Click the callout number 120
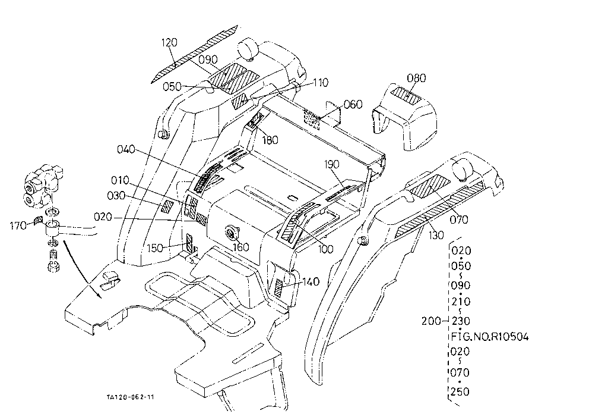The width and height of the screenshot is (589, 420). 169,42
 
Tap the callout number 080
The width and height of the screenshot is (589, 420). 416,78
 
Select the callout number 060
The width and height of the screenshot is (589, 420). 353,104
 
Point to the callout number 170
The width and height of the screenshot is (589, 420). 18,226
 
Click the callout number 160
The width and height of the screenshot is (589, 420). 241,247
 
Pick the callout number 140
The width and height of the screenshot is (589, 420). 311,281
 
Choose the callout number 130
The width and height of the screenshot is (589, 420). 436,235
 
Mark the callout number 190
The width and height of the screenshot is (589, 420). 331,164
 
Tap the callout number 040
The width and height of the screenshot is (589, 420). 126,149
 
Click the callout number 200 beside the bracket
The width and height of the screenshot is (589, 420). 431,321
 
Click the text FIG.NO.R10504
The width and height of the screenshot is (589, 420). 490,336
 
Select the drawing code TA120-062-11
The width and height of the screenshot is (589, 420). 131,397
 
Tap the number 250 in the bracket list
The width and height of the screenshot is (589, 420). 461,392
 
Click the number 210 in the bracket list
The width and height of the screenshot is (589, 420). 461,302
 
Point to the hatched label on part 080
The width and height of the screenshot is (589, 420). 407,96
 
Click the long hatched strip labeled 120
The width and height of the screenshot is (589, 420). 195,54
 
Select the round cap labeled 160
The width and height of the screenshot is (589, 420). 230,233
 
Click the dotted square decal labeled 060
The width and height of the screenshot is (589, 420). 312,119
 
